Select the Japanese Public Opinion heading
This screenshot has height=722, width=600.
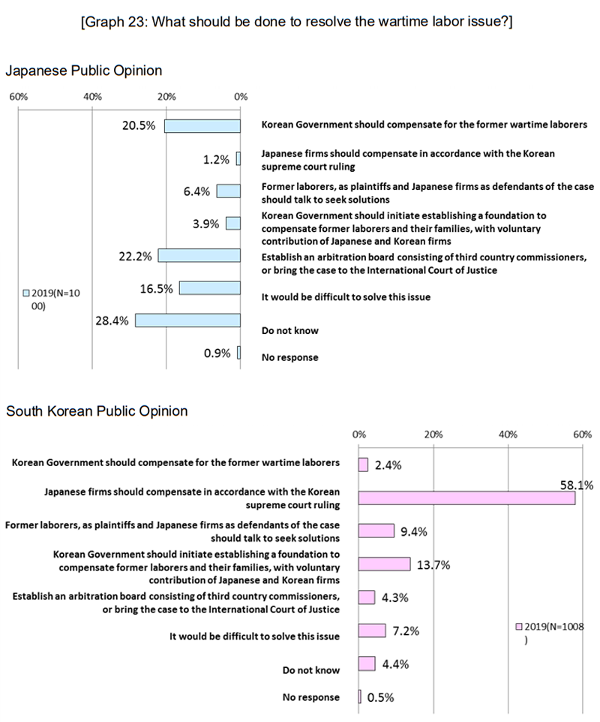[83, 71]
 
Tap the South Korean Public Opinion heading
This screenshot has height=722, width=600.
[97, 411]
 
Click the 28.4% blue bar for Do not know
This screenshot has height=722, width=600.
[187, 320]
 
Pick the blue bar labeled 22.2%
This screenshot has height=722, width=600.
[199, 256]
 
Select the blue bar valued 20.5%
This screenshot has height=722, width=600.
[202, 125]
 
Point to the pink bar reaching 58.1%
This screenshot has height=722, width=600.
[466, 498]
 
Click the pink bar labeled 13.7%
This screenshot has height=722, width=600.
[384, 564]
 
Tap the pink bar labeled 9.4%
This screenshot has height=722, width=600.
[376, 531]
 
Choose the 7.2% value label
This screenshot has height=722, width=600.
[406, 630]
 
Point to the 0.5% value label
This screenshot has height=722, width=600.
[380, 696]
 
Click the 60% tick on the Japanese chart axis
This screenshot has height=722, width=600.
[18, 97]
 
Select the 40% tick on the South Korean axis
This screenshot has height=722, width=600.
[508, 435]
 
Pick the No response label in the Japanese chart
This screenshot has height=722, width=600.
[289, 357]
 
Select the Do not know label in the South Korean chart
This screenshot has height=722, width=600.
[311, 669]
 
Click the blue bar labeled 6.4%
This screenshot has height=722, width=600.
[229, 191]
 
